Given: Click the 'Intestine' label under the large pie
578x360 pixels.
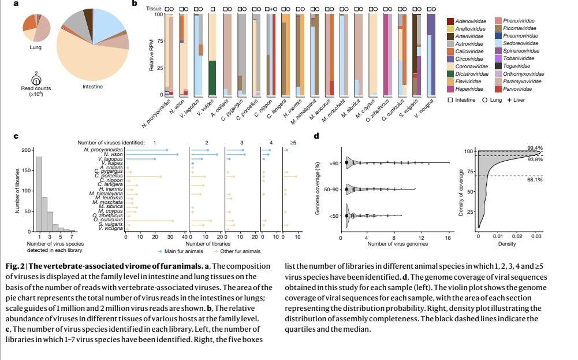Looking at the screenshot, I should click(92, 87).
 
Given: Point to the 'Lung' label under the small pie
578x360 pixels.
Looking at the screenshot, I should click(35, 47).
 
